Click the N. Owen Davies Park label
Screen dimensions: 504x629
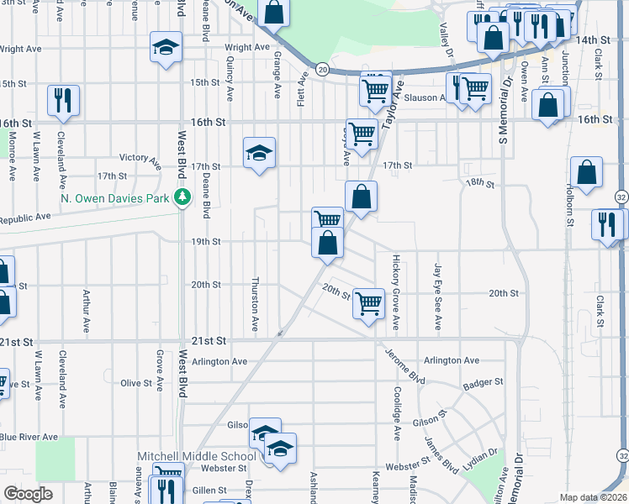116,199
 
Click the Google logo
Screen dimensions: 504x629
28,494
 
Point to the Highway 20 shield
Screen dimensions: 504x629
322,68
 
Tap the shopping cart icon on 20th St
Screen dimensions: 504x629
368,303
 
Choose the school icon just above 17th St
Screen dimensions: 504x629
260,153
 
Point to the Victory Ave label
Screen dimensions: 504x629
140,157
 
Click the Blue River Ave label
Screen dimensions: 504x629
29,437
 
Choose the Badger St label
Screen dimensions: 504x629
483,382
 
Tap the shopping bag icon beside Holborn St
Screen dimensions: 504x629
586,173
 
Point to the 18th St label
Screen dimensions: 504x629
480,182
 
